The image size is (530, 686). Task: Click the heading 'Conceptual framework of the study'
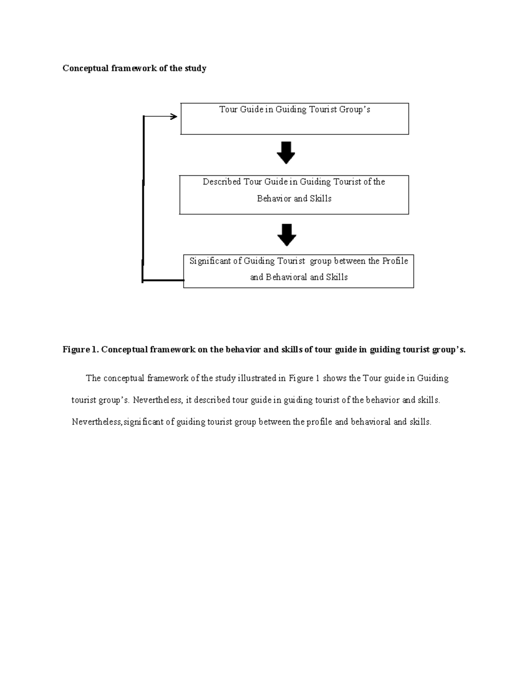point(134,68)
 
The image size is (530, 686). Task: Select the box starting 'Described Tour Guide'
point(294,195)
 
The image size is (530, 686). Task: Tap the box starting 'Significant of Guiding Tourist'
point(299,271)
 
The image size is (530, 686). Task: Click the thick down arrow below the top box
point(286,153)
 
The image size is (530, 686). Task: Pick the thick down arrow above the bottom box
point(287,235)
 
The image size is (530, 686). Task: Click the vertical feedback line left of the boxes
point(143,199)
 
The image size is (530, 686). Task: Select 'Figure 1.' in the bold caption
point(80,350)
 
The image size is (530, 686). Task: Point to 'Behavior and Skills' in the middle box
point(294,199)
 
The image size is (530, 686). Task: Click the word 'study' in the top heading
point(195,68)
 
